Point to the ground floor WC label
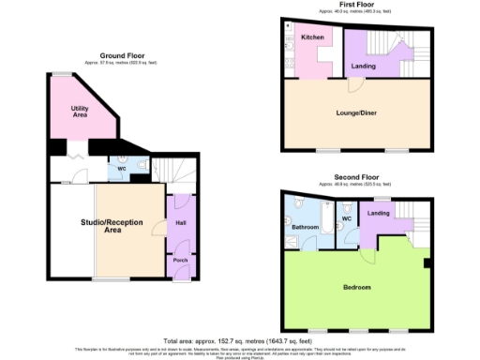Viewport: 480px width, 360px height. click(123, 170)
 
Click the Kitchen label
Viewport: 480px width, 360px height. click(313, 37)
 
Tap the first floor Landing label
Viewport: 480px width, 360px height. click(363, 67)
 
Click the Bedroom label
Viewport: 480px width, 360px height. click(356, 286)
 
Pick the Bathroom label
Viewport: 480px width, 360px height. click(305, 227)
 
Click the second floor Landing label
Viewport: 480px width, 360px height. click(379, 214)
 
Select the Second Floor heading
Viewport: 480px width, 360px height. click(356, 176)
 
